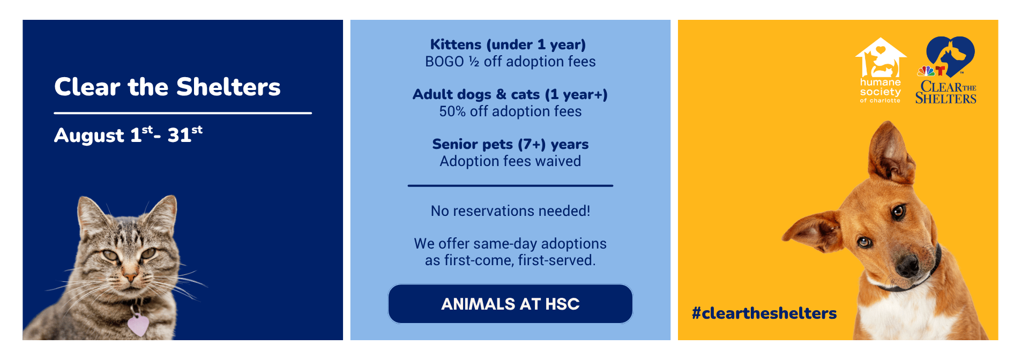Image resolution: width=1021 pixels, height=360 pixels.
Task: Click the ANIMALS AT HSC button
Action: (510, 304)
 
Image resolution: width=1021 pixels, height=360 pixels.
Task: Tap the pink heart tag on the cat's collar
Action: (138, 325)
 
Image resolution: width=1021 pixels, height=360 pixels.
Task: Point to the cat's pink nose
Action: (130, 277)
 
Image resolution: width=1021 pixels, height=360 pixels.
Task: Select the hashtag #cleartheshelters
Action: (764, 313)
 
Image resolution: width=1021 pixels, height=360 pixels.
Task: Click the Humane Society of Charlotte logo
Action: (881, 70)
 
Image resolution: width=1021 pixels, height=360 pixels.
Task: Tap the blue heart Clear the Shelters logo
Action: (946, 70)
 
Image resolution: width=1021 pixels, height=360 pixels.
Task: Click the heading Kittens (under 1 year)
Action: (508, 44)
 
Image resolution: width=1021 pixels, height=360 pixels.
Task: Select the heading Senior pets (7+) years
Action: (510, 144)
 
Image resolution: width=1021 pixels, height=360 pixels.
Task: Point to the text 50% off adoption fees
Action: (510, 111)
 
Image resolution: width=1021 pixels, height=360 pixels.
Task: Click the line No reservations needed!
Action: (510, 211)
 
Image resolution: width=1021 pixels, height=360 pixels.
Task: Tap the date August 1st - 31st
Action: (129, 134)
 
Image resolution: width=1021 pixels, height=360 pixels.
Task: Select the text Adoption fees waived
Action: (510, 161)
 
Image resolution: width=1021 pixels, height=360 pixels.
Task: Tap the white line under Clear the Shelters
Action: (183, 113)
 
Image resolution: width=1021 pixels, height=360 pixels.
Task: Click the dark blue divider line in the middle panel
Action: (510, 185)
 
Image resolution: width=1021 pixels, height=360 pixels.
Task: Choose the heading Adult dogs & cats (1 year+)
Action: (510, 94)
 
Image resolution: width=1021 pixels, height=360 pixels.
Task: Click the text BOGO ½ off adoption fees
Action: (510, 62)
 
